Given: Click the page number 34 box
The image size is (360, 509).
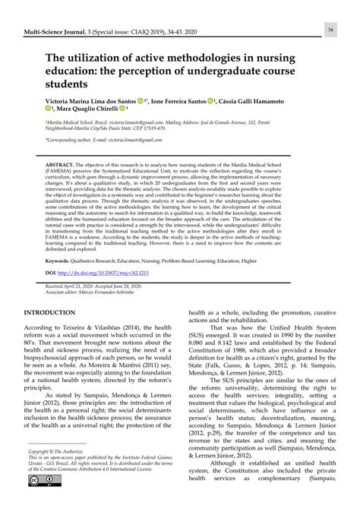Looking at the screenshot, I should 331,29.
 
